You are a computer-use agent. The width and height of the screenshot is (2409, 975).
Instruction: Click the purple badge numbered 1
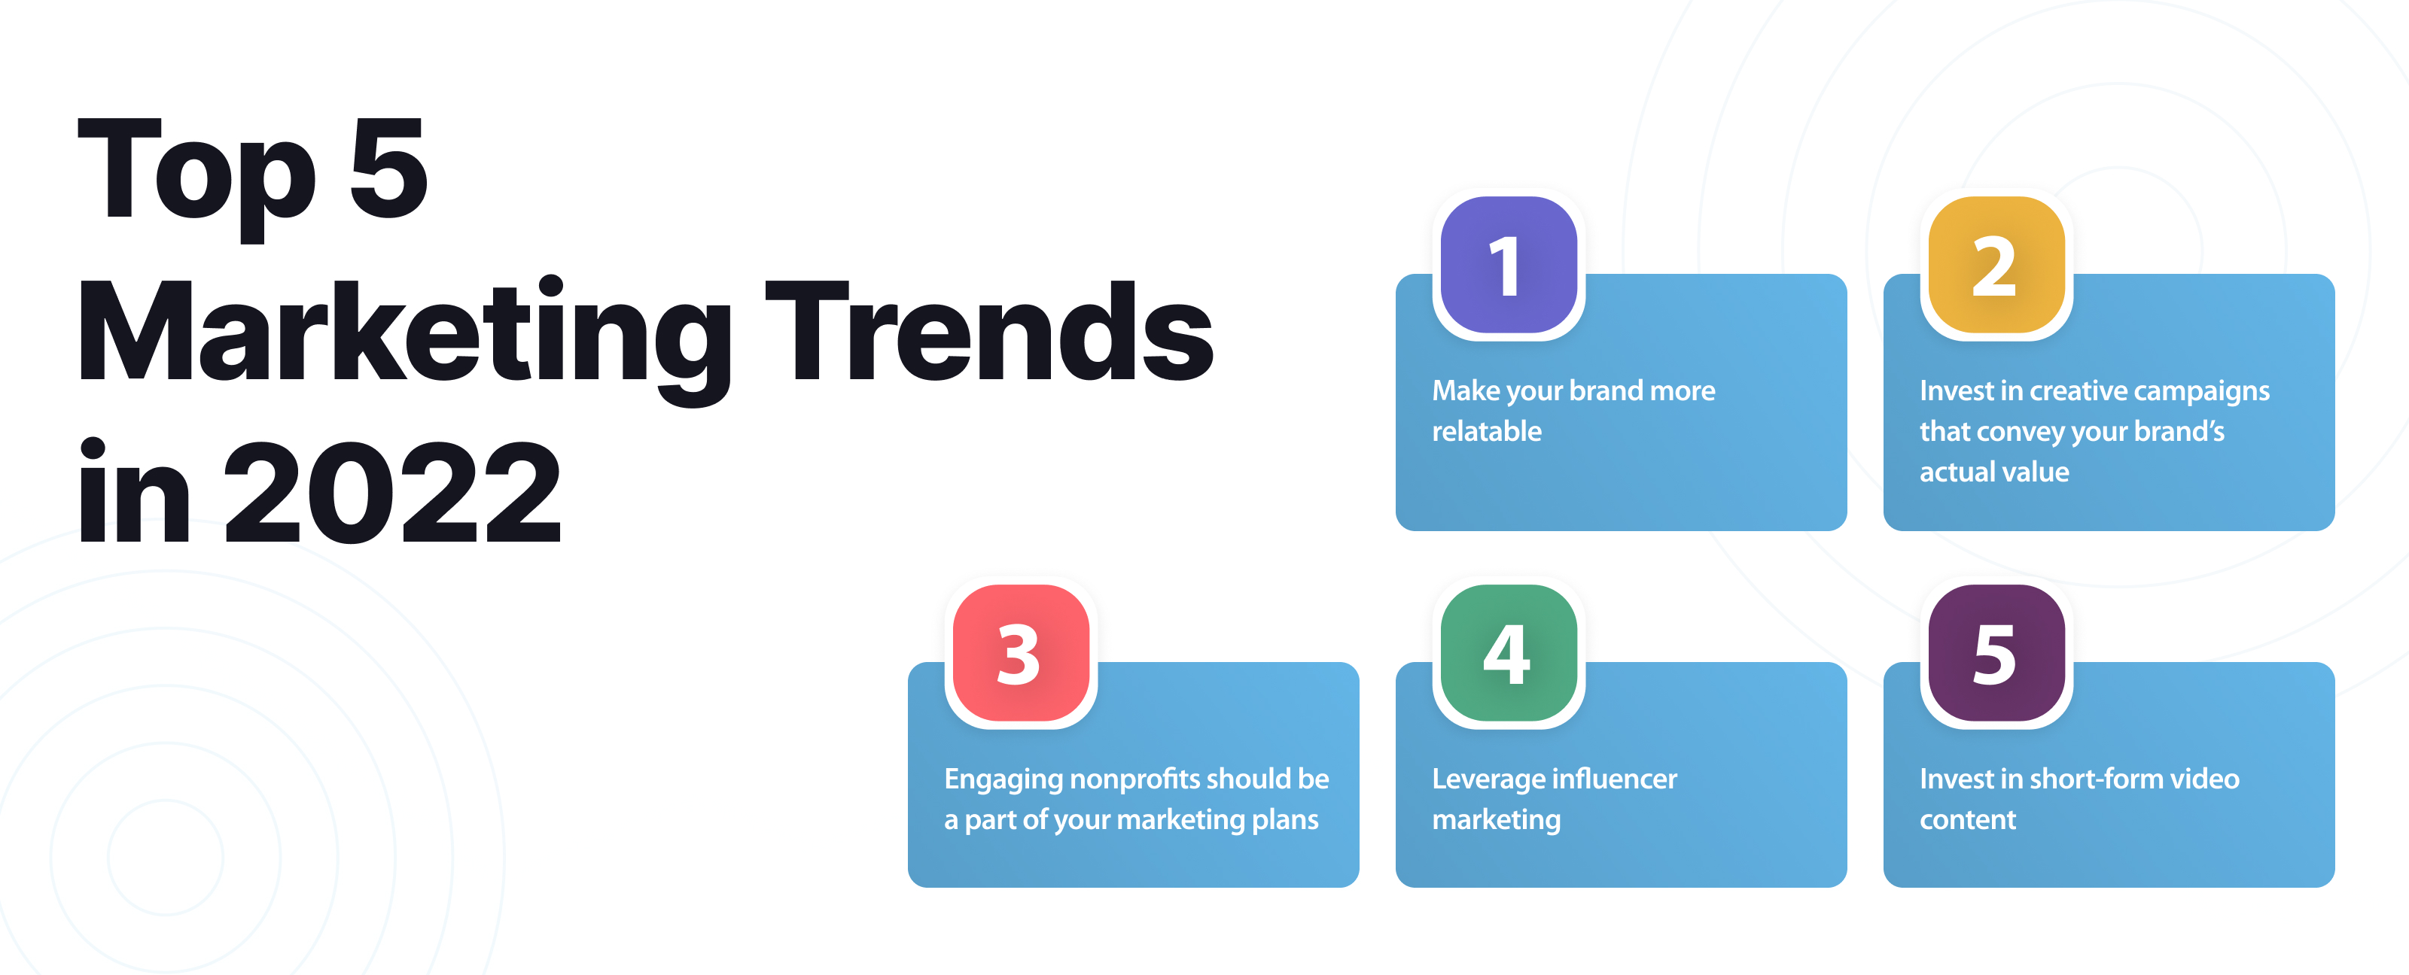tap(1509, 266)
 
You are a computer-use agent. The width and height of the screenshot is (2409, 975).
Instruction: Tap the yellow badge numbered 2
tap(1996, 266)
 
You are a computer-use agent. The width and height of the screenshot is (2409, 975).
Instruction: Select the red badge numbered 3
tap(1020, 654)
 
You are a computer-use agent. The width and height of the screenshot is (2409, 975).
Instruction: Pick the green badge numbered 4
tap(1509, 654)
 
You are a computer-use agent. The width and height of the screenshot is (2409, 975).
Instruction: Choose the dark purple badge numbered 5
tap(1996, 654)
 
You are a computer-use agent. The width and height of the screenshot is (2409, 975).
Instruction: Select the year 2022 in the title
tap(393, 493)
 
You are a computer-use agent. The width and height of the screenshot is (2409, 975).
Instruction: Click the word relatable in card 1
tap(1486, 431)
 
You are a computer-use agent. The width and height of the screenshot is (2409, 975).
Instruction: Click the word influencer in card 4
tap(1615, 779)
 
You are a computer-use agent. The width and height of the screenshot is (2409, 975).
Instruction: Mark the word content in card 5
tap(1968, 820)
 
